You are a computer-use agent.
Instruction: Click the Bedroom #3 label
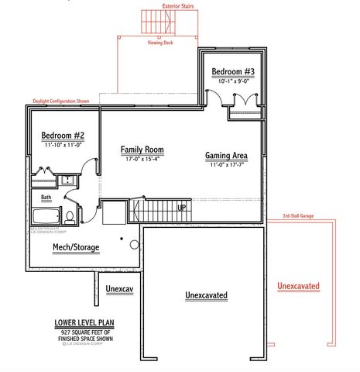pyautogui.click(x=233, y=72)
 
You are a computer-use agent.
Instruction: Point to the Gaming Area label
pyautogui.click(x=226, y=156)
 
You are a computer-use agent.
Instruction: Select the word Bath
pyautogui.click(x=46, y=198)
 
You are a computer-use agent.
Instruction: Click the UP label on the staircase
pyautogui.click(x=181, y=208)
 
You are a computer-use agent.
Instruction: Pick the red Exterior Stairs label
pyautogui.click(x=179, y=5)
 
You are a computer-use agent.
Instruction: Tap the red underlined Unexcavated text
pyautogui.click(x=298, y=286)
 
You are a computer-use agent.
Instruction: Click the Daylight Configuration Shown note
pyautogui.click(x=61, y=101)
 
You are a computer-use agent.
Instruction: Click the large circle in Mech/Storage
pyautogui.click(x=133, y=245)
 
